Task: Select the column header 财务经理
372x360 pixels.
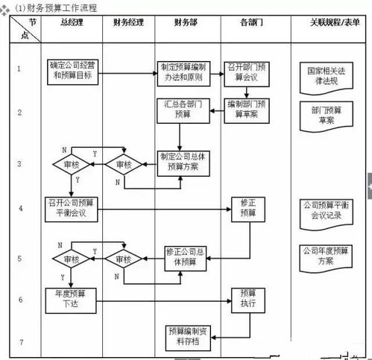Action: click(x=127, y=23)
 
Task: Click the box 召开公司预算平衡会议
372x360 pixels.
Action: click(x=71, y=207)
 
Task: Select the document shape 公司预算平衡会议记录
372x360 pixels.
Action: click(x=323, y=210)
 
